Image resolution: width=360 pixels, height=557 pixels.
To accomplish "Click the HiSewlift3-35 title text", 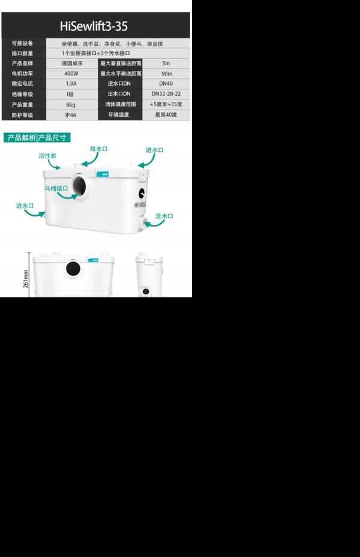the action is [x=94, y=26].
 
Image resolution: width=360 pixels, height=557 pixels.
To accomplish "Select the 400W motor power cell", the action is [x=71, y=74].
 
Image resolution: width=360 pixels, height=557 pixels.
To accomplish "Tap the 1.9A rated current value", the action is [x=71, y=83].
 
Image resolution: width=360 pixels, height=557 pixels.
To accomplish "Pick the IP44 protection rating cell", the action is [x=71, y=115].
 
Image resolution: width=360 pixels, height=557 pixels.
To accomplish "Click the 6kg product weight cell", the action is [x=71, y=104].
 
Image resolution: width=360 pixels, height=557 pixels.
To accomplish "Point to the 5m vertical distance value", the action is [x=166, y=63].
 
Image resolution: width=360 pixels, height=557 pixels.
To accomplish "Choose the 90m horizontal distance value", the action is [x=167, y=74].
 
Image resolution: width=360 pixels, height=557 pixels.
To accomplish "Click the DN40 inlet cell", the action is [x=166, y=83].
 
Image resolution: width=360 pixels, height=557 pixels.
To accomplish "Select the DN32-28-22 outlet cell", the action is [x=166, y=94].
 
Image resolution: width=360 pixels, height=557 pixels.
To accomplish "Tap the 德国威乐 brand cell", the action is [x=72, y=63].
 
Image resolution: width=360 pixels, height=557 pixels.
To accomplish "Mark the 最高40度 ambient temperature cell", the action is [x=166, y=115].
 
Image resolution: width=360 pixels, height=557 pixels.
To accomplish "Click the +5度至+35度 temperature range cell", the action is [x=166, y=104].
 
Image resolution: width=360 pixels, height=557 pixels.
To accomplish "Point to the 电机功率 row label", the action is [x=22, y=74].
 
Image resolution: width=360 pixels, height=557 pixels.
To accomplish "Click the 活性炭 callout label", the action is [x=47, y=156].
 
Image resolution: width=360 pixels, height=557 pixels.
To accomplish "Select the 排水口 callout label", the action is [x=99, y=149].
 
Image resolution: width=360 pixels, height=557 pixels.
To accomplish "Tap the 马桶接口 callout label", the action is [x=56, y=188].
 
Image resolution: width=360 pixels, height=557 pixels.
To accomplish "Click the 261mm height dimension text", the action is [x=26, y=279].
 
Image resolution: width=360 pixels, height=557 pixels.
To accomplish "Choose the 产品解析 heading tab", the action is [x=22, y=137].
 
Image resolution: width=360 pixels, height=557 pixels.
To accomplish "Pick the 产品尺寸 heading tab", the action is [x=52, y=137].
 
